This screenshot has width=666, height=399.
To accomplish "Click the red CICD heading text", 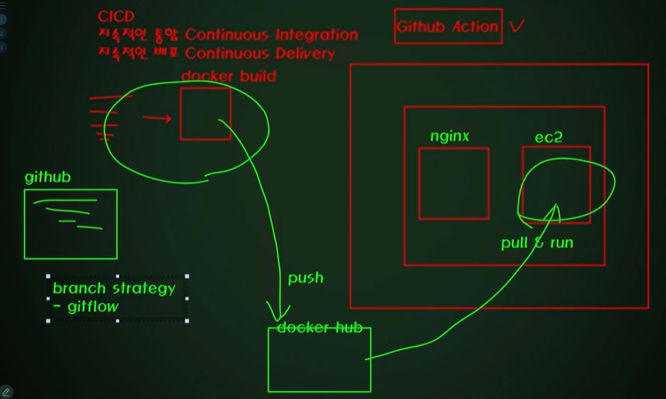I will (x=116, y=16).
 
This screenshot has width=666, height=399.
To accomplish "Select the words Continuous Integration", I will (x=271, y=34).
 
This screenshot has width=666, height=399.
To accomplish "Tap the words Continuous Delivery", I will (x=259, y=53).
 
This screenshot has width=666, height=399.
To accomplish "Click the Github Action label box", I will (x=448, y=27).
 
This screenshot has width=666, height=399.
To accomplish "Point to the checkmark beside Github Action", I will (x=516, y=27).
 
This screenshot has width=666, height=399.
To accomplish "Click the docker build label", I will (x=228, y=76).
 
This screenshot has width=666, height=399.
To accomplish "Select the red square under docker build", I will (x=206, y=113).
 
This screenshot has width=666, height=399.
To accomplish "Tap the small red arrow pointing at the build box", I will (x=157, y=117).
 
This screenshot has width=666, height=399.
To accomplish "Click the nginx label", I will (x=450, y=135).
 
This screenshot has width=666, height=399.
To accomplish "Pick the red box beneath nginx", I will (x=453, y=183).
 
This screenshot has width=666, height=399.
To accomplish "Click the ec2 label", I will (x=549, y=137).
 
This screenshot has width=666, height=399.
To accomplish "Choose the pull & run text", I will (x=537, y=243).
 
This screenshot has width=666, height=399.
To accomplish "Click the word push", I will (x=306, y=278).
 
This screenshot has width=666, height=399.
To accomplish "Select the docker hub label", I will (x=319, y=328).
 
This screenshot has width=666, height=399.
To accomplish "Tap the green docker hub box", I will (x=319, y=362).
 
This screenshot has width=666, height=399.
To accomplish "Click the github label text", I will (x=47, y=177).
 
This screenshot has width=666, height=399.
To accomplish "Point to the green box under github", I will (x=70, y=223).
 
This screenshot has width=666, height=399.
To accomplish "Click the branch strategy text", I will (x=114, y=288).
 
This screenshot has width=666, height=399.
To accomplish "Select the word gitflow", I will (x=93, y=307).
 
